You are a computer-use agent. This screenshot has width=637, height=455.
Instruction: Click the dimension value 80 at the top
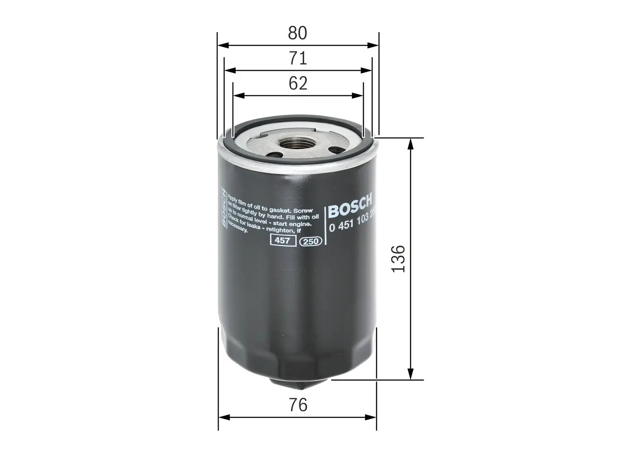tap(298, 33)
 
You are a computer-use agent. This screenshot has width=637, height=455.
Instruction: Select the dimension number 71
tap(298, 59)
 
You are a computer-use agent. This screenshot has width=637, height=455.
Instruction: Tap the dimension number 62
tap(298, 84)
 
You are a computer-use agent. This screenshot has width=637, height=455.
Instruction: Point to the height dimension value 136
tap(399, 259)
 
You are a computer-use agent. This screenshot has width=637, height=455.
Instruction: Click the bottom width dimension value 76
tap(298, 405)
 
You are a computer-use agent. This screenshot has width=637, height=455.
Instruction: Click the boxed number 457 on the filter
tap(283, 241)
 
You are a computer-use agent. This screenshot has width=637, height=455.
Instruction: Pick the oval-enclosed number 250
tap(311, 242)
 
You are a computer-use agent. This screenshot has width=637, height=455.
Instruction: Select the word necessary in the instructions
tap(238, 230)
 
